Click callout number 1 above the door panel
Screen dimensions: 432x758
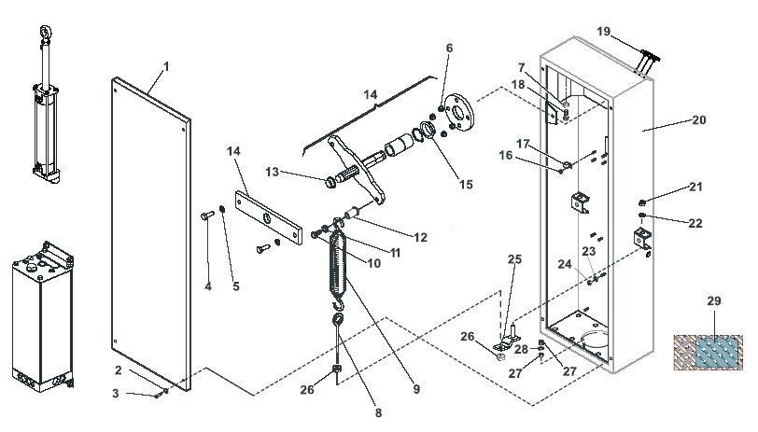point(166,65)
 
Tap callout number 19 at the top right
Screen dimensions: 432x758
point(604,32)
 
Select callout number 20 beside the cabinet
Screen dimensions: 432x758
point(698,120)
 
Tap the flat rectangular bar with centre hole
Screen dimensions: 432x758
point(269,218)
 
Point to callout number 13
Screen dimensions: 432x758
point(273,172)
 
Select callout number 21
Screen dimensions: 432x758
point(695,188)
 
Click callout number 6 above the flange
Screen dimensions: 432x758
point(449,48)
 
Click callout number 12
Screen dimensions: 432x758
point(420,238)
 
